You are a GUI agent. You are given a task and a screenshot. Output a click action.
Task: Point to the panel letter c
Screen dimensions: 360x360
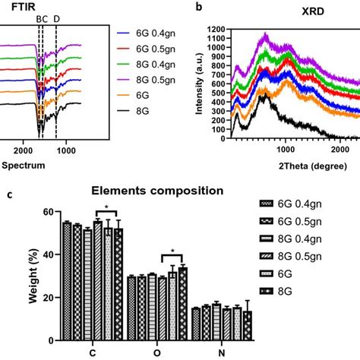tap(8, 194)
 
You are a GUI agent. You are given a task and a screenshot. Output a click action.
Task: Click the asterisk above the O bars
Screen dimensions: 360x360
tap(173, 253)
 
